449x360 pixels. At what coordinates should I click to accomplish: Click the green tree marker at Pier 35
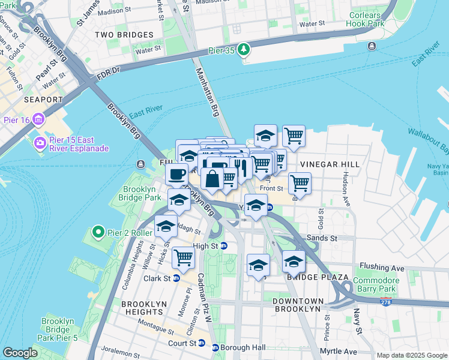(x=244, y=49)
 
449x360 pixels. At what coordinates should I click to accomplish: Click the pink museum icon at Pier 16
(x=40, y=119)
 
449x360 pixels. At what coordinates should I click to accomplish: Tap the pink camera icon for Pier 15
(x=40, y=143)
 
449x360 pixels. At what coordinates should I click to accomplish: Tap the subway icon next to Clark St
(x=176, y=278)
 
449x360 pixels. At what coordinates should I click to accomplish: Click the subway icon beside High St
(x=224, y=245)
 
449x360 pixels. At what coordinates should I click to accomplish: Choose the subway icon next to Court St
(x=201, y=344)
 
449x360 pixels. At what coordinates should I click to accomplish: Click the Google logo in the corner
(x=20, y=353)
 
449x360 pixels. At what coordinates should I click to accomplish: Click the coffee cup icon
(x=176, y=174)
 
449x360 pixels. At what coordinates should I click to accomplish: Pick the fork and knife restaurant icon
(x=241, y=167)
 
